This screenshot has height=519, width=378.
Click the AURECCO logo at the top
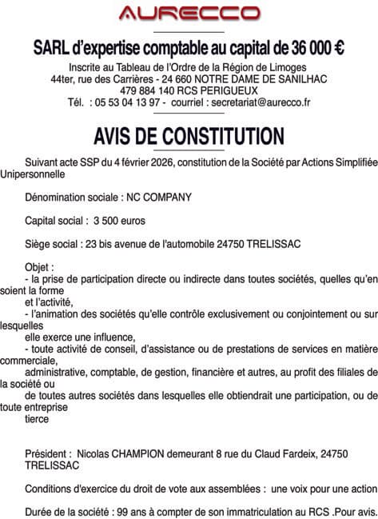pos(189,13)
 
